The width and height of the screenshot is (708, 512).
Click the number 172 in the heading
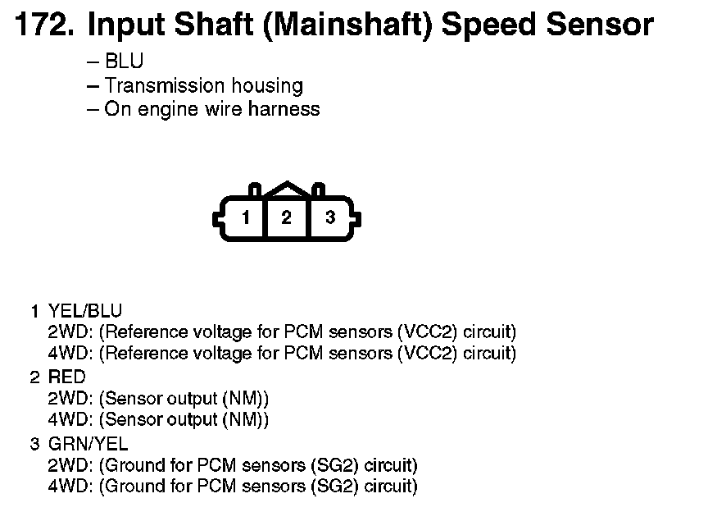44,24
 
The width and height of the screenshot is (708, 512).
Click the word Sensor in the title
600,24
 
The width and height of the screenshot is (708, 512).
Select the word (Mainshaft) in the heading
347,26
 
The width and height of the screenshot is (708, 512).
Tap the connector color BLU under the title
124,61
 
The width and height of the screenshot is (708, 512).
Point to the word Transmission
165,85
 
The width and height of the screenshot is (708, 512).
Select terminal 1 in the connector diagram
245,218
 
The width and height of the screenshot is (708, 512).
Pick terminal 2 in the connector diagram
286,218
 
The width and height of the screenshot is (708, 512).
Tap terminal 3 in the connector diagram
330,218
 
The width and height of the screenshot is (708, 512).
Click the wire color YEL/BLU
85,311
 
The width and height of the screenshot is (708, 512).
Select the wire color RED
67,377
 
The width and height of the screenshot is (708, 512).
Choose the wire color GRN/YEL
88,444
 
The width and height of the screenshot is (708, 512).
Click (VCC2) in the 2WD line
428,332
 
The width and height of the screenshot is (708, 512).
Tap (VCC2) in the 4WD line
428,354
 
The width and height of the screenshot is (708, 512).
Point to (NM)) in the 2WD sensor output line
245,399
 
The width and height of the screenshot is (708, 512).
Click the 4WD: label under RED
70,420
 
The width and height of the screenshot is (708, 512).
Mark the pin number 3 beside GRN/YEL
34,444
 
